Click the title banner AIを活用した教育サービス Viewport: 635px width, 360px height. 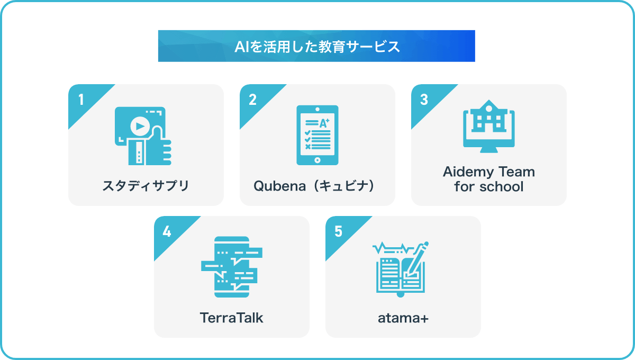[x=316, y=46]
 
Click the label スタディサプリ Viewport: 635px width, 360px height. [x=146, y=186]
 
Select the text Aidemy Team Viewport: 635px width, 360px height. [x=489, y=172]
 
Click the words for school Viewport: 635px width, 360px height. [x=489, y=187]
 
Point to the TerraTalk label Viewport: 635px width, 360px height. [x=232, y=318]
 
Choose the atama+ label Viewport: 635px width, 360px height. [x=403, y=318]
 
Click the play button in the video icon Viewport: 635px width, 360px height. [x=140, y=126]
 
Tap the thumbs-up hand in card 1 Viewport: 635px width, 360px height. [x=150, y=147]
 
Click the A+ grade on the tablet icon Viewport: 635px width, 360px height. [x=324, y=123]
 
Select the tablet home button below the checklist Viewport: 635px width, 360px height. [x=317, y=160]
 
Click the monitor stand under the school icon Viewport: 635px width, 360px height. [x=489, y=150]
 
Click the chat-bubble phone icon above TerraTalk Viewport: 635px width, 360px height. [x=232, y=267]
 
